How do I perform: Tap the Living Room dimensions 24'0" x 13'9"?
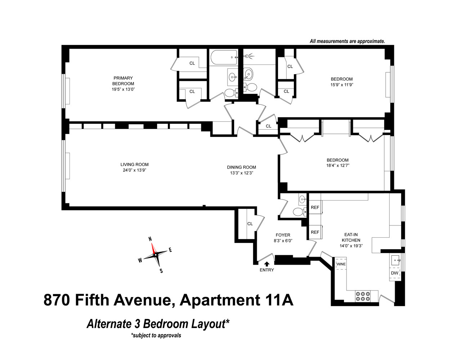tap(134, 170)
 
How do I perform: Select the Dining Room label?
tap(241, 167)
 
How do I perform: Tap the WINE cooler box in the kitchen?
tap(341, 264)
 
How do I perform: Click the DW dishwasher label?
tap(395, 273)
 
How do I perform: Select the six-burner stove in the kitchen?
tap(363, 296)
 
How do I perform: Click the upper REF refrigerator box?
tap(315, 208)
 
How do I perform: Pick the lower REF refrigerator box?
tap(315, 232)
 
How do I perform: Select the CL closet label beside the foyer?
tap(250, 224)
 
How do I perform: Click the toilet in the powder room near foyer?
tap(299, 212)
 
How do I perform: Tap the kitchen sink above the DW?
tap(395, 260)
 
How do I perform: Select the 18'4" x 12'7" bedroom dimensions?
tap(337, 166)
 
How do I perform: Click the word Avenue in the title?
tap(145, 300)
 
